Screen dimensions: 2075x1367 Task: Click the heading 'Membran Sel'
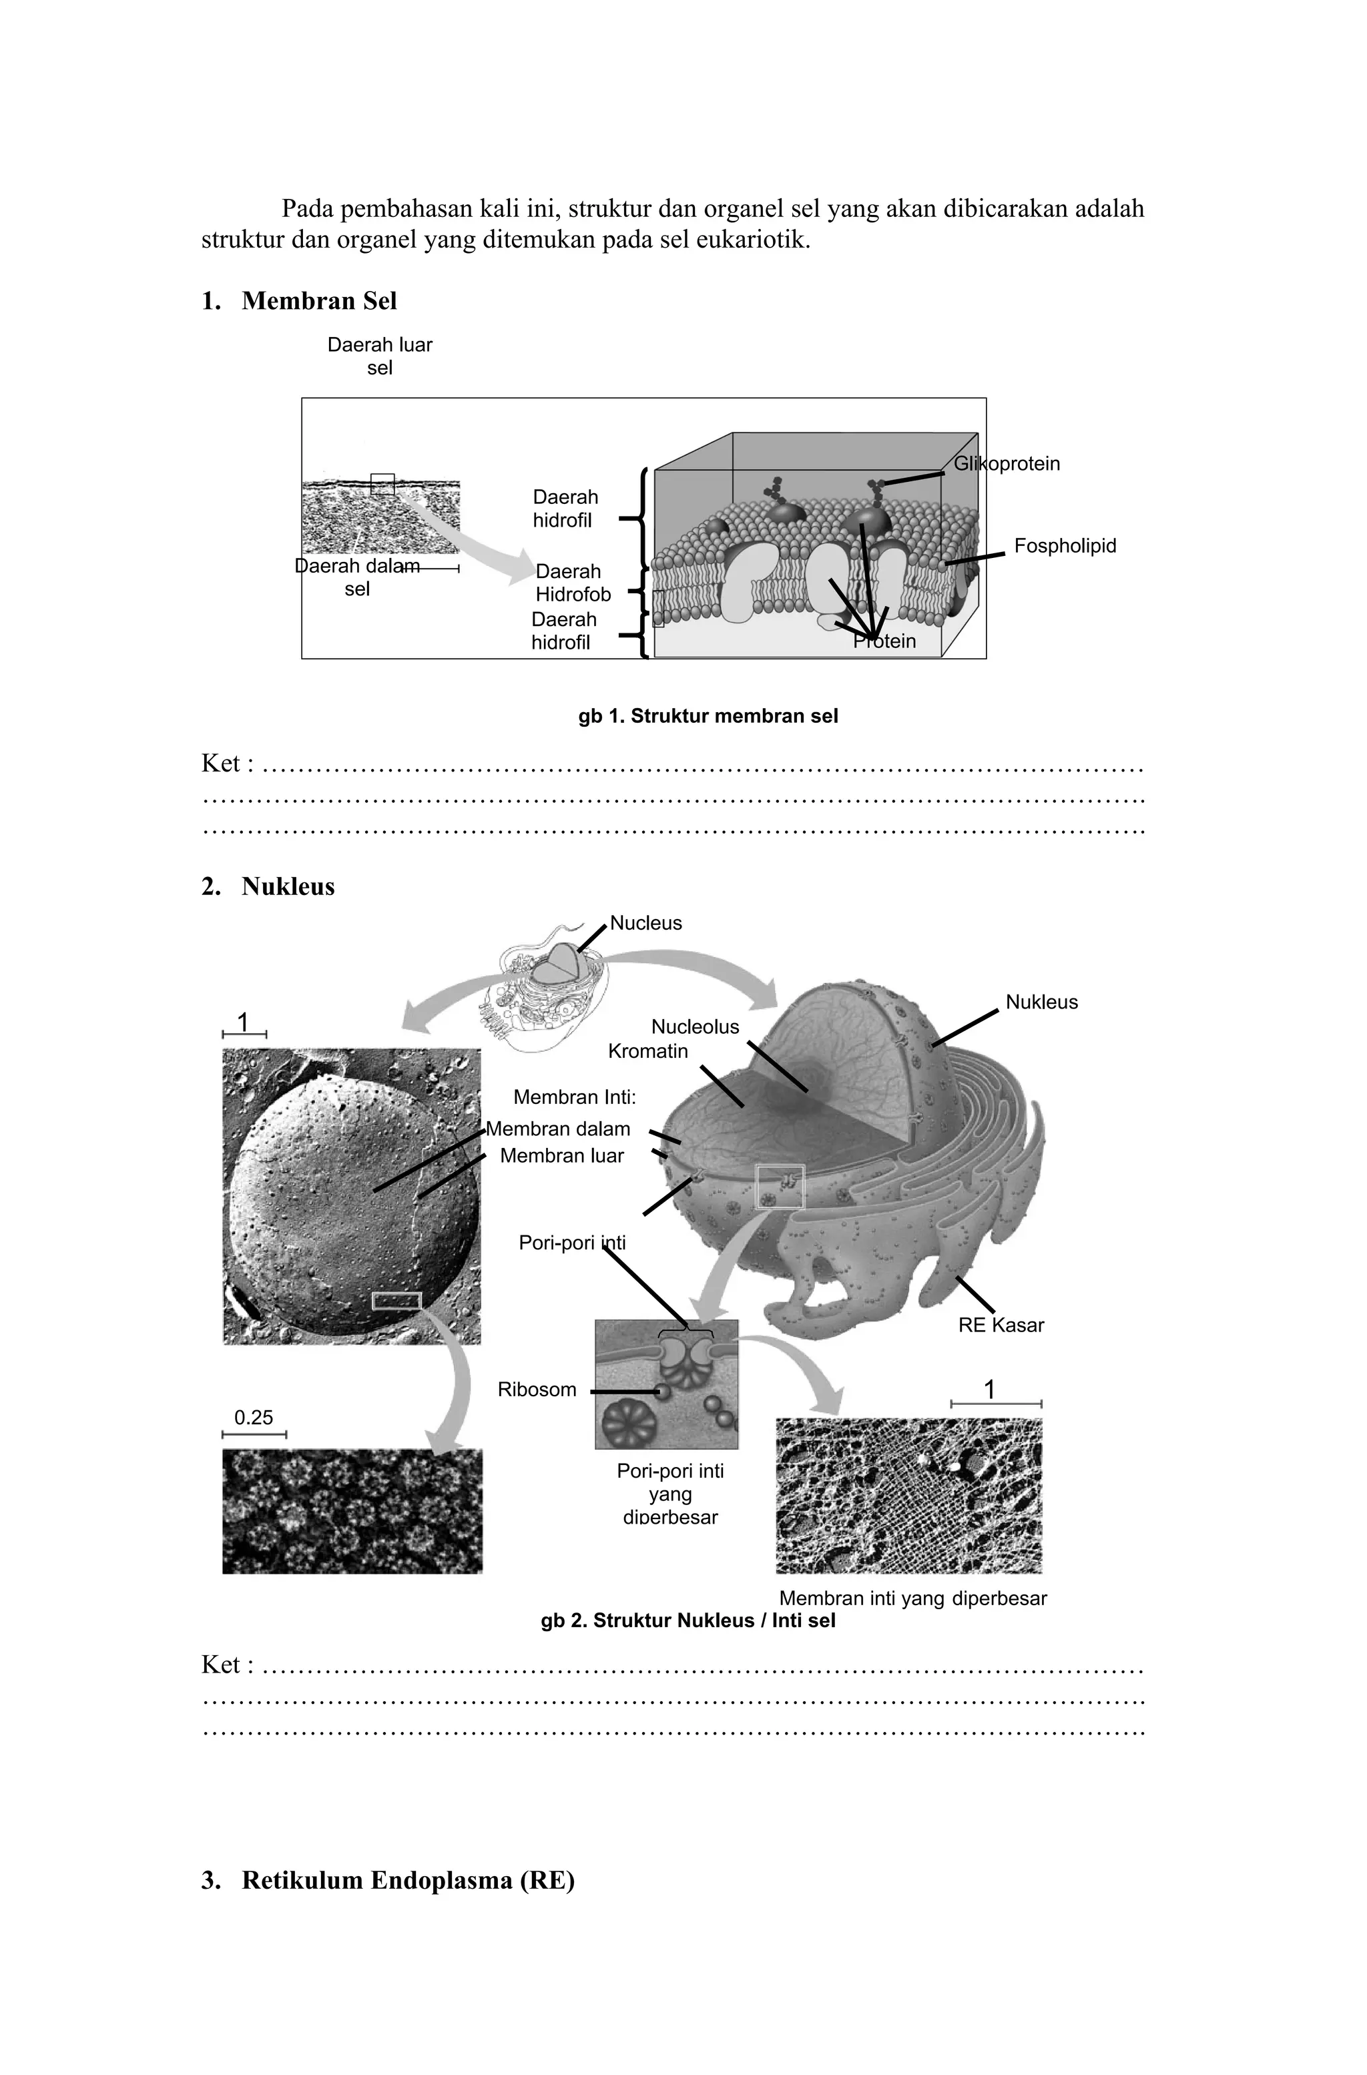point(319,301)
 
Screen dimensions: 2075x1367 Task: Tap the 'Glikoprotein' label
point(1007,464)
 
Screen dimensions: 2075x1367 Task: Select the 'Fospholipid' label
point(1065,547)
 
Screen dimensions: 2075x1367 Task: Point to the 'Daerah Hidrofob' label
point(573,583)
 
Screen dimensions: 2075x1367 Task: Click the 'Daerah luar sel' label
point(379,356)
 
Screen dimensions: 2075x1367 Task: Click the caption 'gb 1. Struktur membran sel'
point(708,717)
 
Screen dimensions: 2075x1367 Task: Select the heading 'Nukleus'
point(288,887)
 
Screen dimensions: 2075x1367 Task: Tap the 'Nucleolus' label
point(695,1027)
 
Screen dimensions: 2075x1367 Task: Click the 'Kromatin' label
point(647,1051)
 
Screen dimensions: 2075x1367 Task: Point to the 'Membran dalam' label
point(558,1129)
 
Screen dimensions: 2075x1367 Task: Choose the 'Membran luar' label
point(561,1156)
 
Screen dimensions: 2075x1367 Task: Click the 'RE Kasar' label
point(1001,1325)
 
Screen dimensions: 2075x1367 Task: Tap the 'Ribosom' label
point(537,1390)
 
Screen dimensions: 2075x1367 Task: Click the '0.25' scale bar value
point(254,1418)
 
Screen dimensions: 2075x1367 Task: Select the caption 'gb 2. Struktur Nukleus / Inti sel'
point(688,1620)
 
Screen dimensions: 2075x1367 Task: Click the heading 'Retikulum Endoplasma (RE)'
point(408,1881)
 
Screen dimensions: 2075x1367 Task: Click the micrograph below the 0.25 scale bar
point(352,1511)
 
